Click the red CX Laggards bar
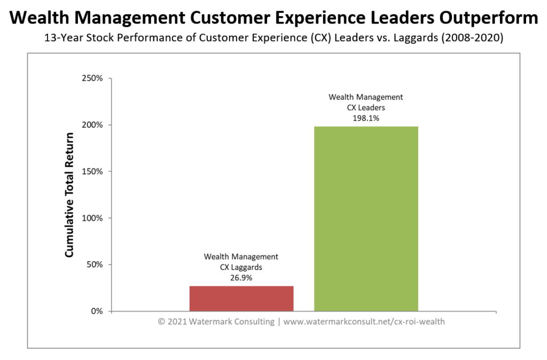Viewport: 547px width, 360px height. click(x=241, y=299)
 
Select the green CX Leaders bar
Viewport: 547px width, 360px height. click(x=366, y=218)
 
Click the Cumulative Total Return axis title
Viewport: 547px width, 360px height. click(x=69, y=194)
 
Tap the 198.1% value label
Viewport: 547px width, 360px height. click(x=366, y=119)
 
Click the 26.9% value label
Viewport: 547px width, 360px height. click(x=241, y=278)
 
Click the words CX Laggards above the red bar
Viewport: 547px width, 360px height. click(x=241, y=268)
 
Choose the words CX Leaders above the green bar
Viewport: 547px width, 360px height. click(x=366, y=107)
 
